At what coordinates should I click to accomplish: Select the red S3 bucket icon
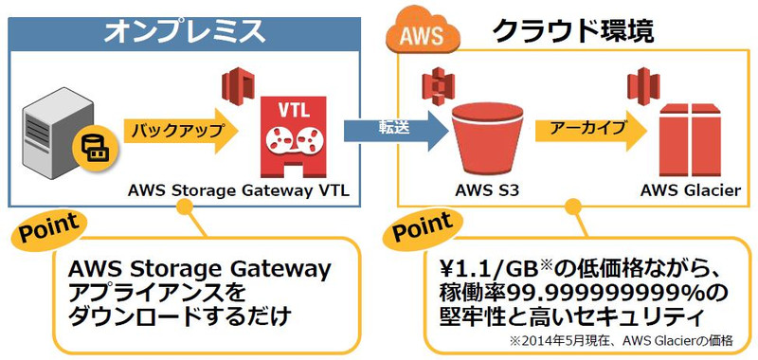click(x=487, y=137)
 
